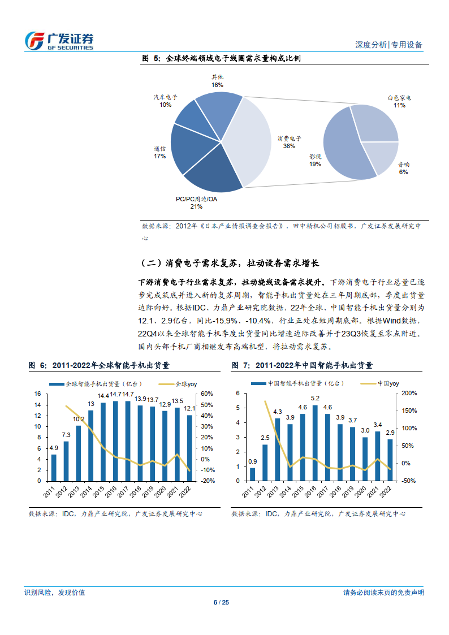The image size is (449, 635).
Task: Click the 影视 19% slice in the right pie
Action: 339,144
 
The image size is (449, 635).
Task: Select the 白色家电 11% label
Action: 399,101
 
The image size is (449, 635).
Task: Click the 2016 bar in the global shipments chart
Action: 115,440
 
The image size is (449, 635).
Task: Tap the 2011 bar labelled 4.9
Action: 54,467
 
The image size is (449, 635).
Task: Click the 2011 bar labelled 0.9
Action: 253,474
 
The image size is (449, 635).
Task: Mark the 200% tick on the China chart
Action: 408,394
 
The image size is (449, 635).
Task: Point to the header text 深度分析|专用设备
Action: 388,45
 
